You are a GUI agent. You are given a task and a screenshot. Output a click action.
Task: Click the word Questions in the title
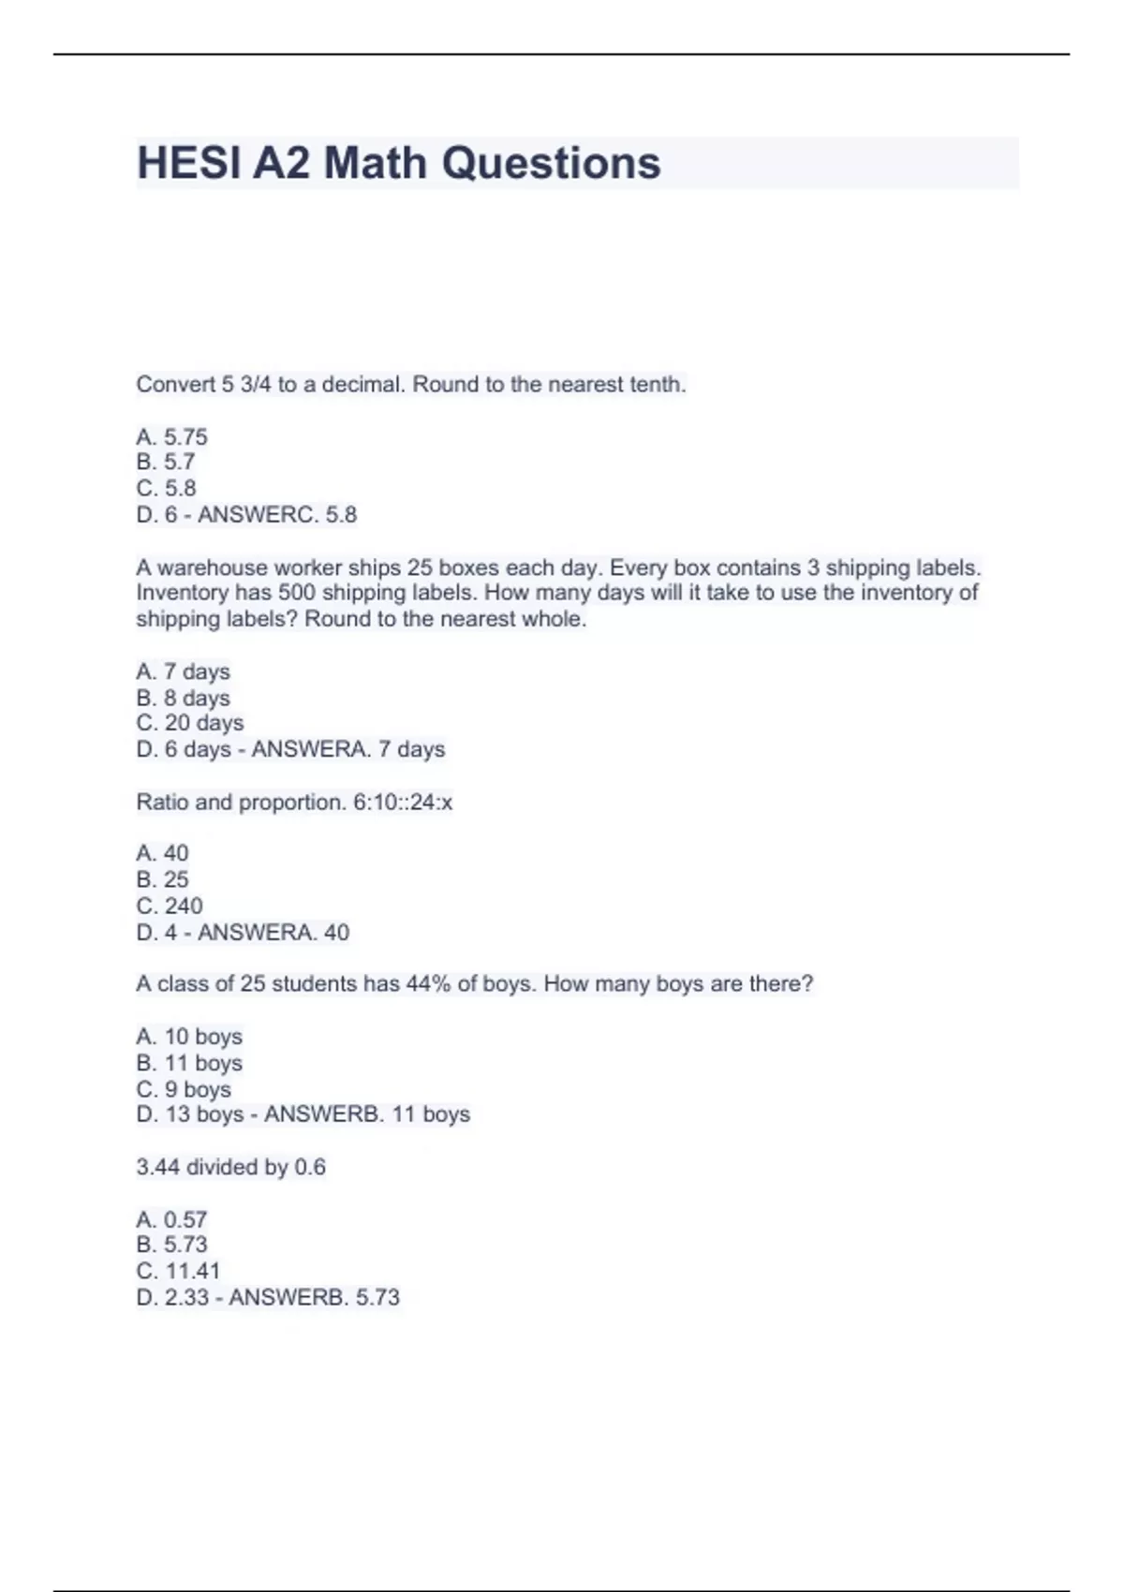coord(551,163)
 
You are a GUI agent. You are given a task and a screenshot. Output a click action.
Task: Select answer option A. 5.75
coord(171,436)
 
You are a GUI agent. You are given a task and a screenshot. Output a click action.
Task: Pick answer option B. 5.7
coord(166,462)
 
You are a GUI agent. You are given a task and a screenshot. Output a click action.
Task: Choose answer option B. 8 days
coord(183,698)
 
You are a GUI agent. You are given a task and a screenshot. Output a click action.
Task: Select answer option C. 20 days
coord(189,723)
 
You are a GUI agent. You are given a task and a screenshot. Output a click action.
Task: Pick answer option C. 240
coord(170,906)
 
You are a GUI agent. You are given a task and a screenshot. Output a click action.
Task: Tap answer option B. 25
coord(162,879)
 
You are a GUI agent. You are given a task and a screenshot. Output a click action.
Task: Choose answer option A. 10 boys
coord(189,1037)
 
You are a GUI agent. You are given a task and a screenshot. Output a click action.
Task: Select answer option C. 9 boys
coord(184,1089)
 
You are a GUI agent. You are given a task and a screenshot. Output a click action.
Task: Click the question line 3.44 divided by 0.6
coord(230,1167)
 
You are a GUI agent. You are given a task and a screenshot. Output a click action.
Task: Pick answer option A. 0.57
coord(171,1219)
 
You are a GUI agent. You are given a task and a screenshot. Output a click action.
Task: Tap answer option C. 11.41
coord(178,1271)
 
